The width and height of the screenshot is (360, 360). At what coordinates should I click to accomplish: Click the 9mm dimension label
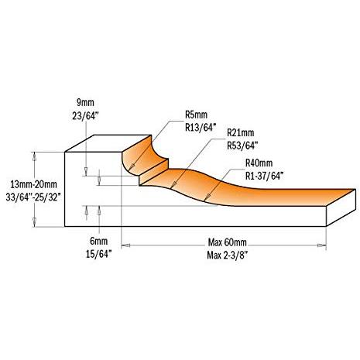(85, 103)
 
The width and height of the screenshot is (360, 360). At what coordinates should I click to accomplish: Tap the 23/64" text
(85, 115)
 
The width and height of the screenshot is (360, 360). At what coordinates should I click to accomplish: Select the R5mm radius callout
(196, 115)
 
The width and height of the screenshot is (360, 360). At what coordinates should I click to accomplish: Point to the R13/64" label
(200, 127)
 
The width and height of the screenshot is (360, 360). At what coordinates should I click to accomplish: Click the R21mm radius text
(240, 132)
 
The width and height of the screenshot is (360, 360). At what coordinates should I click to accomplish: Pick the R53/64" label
(242, 146)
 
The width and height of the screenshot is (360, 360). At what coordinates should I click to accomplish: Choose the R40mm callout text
(259, 163)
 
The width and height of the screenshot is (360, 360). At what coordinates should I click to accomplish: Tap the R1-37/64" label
(264, 176)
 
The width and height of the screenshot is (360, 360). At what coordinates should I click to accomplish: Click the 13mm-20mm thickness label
(33, 184)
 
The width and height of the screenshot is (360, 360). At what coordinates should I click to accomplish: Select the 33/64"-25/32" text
(33, 197)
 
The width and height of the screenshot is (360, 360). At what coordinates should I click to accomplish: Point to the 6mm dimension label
(98, 242)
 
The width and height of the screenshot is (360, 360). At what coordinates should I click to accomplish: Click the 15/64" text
(98, 254)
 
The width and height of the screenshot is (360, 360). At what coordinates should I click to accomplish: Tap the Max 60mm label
(228, 242)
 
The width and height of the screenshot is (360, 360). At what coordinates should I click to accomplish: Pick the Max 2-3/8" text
(228, 255)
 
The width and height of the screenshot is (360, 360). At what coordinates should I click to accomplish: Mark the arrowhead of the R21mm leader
(174, 185)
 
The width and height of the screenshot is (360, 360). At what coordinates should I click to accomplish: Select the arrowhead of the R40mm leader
(206, 198)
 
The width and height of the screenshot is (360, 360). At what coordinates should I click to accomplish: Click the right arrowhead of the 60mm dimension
(321, 245)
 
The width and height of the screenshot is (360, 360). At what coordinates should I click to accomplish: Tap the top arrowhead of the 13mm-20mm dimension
(34, 156)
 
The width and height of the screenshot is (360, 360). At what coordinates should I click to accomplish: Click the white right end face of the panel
(341, 207)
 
